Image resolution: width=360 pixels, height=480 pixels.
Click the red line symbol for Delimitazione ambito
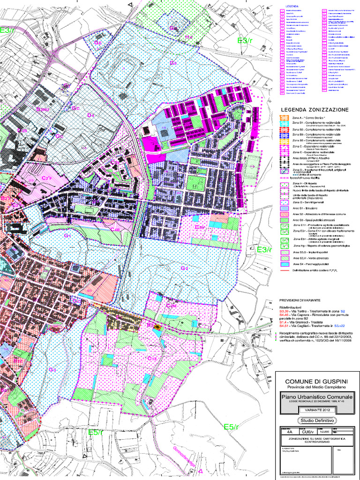point(284,270)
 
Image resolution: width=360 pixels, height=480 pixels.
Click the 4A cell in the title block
point(289,432)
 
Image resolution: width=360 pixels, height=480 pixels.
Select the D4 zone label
point(90,114)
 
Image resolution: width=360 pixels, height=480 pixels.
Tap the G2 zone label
point(184,269)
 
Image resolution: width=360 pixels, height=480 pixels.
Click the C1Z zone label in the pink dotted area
point(151,359)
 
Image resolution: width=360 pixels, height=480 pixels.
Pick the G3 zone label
point(52,370)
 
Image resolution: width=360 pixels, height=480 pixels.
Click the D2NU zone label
point(43,109)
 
